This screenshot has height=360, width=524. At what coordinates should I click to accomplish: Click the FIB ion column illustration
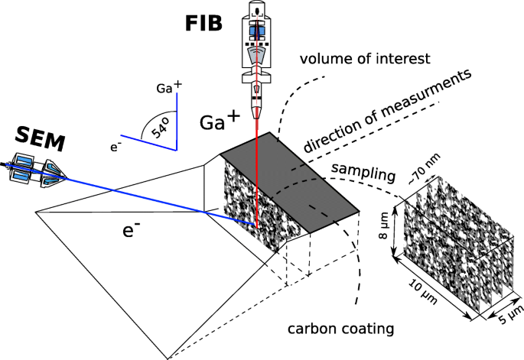tap(255, 54)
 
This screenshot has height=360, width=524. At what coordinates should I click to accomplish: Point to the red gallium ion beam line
tap(255, 176)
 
